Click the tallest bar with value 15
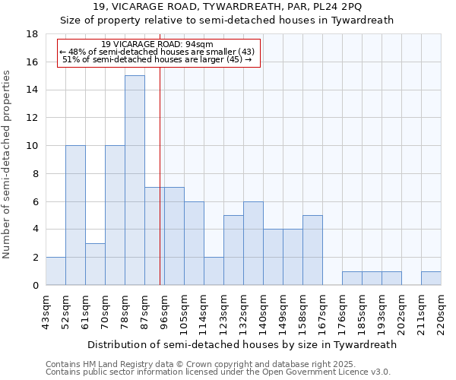tap(135, 180)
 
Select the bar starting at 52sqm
tap(75, 215)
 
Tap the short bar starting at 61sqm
tap(95, 264)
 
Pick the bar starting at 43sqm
tap(55, 271)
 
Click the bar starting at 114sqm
tap(214, 271)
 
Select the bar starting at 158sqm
tap(312, 250)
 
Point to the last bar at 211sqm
tap(431, 278)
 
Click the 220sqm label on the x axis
tap(441, 312)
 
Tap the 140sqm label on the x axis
tap(263, 312)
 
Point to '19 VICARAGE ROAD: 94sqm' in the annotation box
tap(157, 44)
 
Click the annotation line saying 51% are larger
tap(157, 59)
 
